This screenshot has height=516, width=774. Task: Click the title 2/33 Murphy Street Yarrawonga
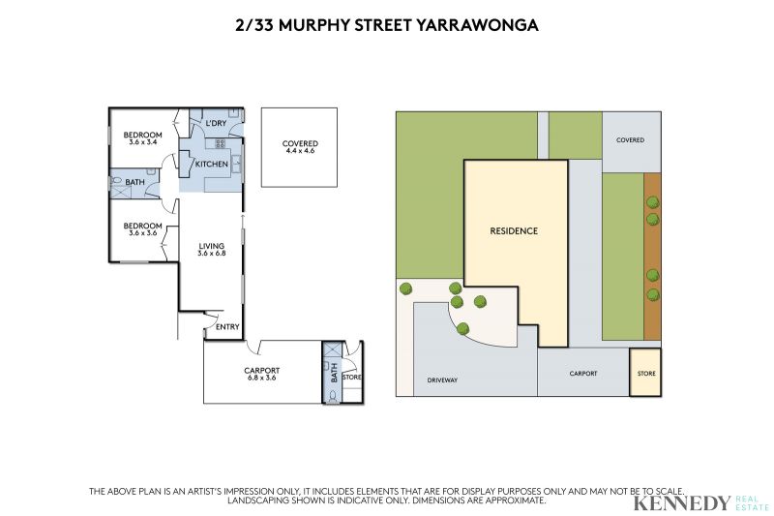[386, 25]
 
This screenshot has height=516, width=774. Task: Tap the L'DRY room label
[216, 123]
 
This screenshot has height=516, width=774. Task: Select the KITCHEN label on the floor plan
[212, 164]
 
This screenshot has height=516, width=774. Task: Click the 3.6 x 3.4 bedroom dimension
[142, 142]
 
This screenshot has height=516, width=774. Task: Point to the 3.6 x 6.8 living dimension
[212, 254]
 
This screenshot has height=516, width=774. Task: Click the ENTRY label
[227, 327]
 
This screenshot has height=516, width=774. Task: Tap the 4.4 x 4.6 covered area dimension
[300, 151]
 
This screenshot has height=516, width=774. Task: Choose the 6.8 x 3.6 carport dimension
[261, 378]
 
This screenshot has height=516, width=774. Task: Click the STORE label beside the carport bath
[352, 378]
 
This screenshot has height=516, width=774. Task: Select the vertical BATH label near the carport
[334, 373]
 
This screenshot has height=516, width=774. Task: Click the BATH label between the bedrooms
[134, 182]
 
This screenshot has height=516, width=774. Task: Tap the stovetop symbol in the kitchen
[221, 143]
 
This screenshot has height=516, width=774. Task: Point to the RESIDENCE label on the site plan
[514, 230]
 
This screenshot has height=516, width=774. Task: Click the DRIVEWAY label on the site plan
[442, 380]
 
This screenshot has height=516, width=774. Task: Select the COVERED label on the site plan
[631, 140]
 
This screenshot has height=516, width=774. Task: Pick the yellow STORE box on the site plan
[645, 373]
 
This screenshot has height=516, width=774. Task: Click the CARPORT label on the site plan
[583, 374]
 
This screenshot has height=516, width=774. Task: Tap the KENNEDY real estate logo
[700, 503]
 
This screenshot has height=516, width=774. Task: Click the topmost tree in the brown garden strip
[652, 202]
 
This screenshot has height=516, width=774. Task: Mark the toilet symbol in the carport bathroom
[333, 396]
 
